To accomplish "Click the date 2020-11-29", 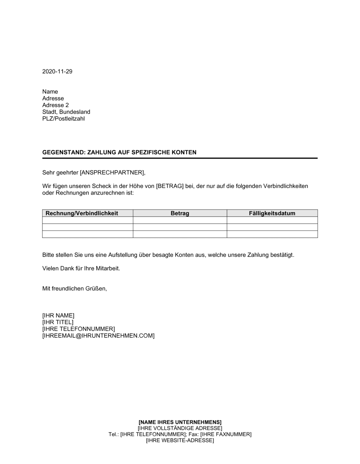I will (57, 72).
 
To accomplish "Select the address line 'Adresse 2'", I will (55, 105).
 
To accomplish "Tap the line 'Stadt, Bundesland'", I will (66, 112).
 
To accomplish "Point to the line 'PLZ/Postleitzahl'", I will (63, 119).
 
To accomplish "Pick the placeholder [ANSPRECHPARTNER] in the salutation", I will (112, 173).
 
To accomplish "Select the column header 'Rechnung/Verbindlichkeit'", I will (82, 213).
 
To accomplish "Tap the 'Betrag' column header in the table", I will (180, 213).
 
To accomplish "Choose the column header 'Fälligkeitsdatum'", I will (272, 213).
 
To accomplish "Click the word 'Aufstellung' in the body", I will (122, 255).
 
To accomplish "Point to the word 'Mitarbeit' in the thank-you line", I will (107, 269).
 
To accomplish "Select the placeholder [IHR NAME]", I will (58, 316).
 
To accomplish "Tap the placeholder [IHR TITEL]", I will (58, 323).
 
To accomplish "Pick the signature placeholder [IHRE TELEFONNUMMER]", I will (78, 329).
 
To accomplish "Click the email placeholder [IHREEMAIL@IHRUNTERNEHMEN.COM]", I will (98, 336).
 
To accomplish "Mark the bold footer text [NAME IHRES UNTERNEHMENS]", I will (180, 422).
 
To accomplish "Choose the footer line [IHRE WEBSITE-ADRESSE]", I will (180, 441).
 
